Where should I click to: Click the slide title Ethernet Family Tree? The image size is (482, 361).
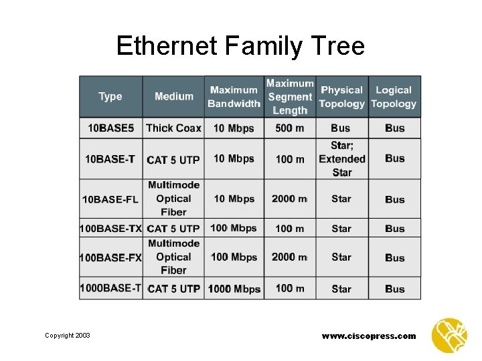(x=240, y=46)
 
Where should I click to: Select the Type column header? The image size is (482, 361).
(x=110, y=96)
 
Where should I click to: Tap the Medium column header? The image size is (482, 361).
(x=173, y=96)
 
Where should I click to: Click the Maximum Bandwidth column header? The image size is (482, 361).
(x=234, y=96)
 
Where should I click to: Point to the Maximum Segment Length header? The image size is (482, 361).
(x=290, y=96)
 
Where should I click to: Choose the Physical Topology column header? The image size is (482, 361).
(x=341, y=96)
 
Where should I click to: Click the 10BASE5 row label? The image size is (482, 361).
(x=110, y=128)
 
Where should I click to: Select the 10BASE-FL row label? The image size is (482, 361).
(x=110, y=199)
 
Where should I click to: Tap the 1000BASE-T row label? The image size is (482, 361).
(x=110, y=288)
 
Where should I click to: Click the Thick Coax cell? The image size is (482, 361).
(x=173, y=128)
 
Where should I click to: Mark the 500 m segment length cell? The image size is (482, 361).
(x=290, y=128)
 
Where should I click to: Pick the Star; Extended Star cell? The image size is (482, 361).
(x=341, y=158)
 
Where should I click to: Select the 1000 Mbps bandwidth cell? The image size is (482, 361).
(x=234, y=289)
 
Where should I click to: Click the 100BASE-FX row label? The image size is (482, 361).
(x=110, y=257)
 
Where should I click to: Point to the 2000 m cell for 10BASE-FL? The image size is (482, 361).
(x=289, y=199)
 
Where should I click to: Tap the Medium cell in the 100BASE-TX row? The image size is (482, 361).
(x=173, y=229)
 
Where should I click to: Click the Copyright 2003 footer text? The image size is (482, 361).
(x=68, y=336)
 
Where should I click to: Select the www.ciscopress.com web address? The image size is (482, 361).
(x=369, y=336)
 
